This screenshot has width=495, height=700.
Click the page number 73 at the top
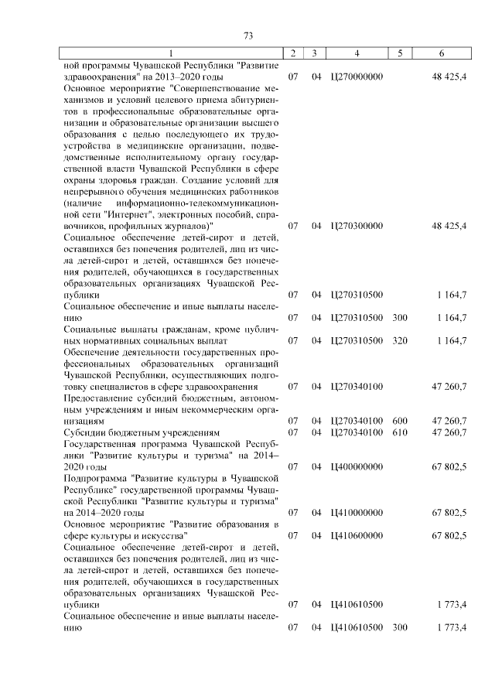click(248, 36)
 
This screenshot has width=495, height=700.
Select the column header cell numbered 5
click(400, 53)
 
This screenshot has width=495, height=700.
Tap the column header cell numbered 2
click(293, 53)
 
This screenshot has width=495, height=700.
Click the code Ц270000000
click(356, 77)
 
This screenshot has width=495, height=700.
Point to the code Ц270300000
click(356, 226)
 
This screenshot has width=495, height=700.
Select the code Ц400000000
click(356, 467)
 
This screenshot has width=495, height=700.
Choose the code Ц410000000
click(356, 512)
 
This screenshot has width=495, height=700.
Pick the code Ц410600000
click(356, 534)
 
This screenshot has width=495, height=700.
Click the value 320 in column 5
click(400, 340)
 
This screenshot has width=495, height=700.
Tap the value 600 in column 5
click(400, 420)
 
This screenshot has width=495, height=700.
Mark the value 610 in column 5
click(400, 432)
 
